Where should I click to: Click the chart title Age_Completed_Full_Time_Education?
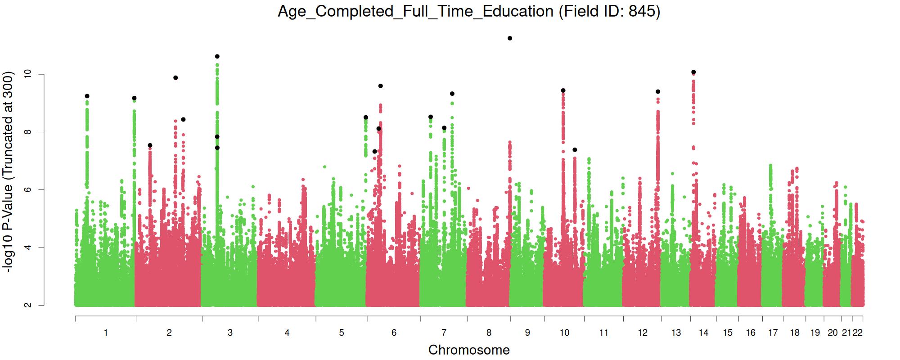pos(415,11)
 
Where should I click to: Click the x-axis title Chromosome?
pos(469,350)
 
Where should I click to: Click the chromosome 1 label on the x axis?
pos(106,333)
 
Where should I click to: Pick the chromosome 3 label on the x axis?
pos(230,333)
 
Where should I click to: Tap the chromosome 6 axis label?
pos(394,333)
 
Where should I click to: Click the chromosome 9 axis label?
pos(527,333)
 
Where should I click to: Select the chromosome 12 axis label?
pos(643,333)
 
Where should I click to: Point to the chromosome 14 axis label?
pos(703,333)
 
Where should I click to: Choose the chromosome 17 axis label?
pos(773,333)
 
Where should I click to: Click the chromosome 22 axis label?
pos(858,333)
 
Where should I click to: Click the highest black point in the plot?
pos(510,38)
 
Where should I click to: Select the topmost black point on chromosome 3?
pos(217,56)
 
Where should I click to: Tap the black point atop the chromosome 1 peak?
pos(87,96)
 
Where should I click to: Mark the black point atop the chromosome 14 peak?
pos(693,72)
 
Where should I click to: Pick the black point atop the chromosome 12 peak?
pos(658,91)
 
